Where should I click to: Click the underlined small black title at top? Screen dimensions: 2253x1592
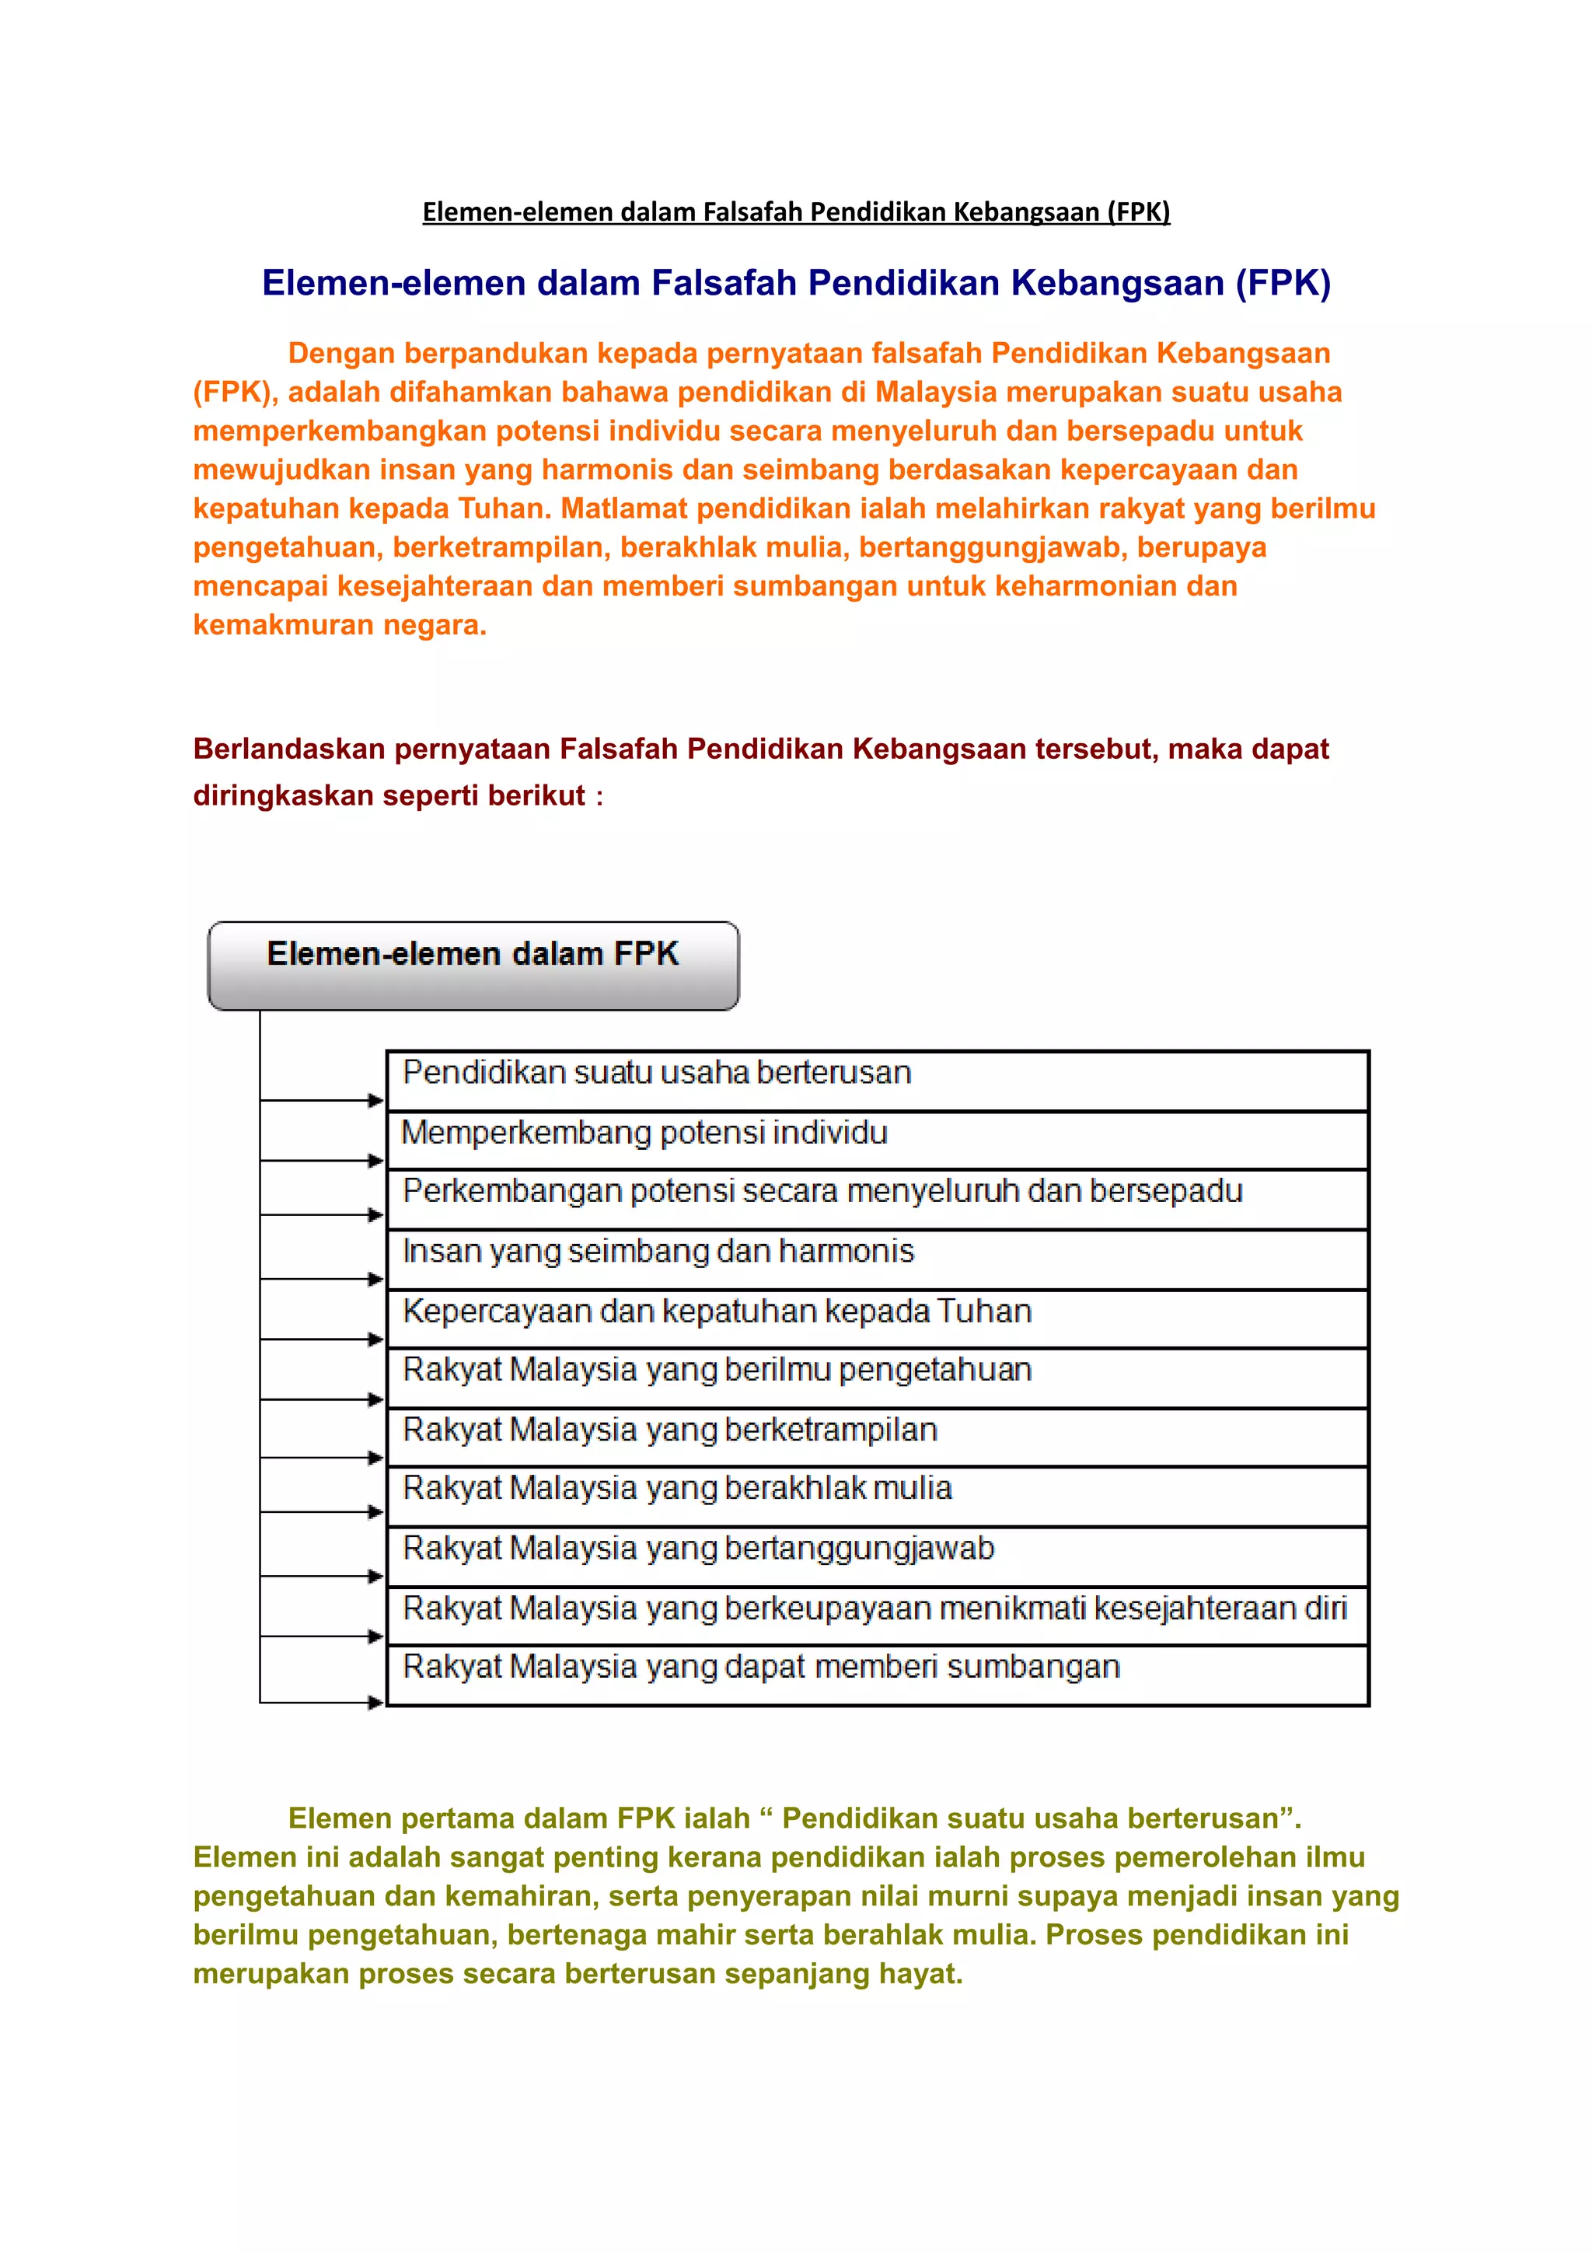(x=795, y=212)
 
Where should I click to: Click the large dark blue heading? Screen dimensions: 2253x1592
(x=795, y=283)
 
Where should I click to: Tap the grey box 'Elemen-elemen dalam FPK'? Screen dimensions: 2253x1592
(x=473, y=965)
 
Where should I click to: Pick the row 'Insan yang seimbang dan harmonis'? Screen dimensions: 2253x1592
(x=877, y=1258)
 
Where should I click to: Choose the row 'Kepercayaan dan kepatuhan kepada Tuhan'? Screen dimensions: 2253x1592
(x=877, y=1318)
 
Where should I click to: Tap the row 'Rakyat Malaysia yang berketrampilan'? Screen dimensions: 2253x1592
(x=877, y=1437)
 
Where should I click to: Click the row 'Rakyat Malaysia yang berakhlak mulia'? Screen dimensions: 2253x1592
(x=877, y=1496)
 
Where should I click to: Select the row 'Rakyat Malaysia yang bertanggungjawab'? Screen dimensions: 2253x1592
(x=877, y=1556)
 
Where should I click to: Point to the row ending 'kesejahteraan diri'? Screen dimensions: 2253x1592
(x=877, y=1616)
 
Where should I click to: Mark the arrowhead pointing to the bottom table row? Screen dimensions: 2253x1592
(x=375, y=1703)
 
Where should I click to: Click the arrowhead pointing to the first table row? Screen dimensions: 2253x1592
(x=375, y=1100)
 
